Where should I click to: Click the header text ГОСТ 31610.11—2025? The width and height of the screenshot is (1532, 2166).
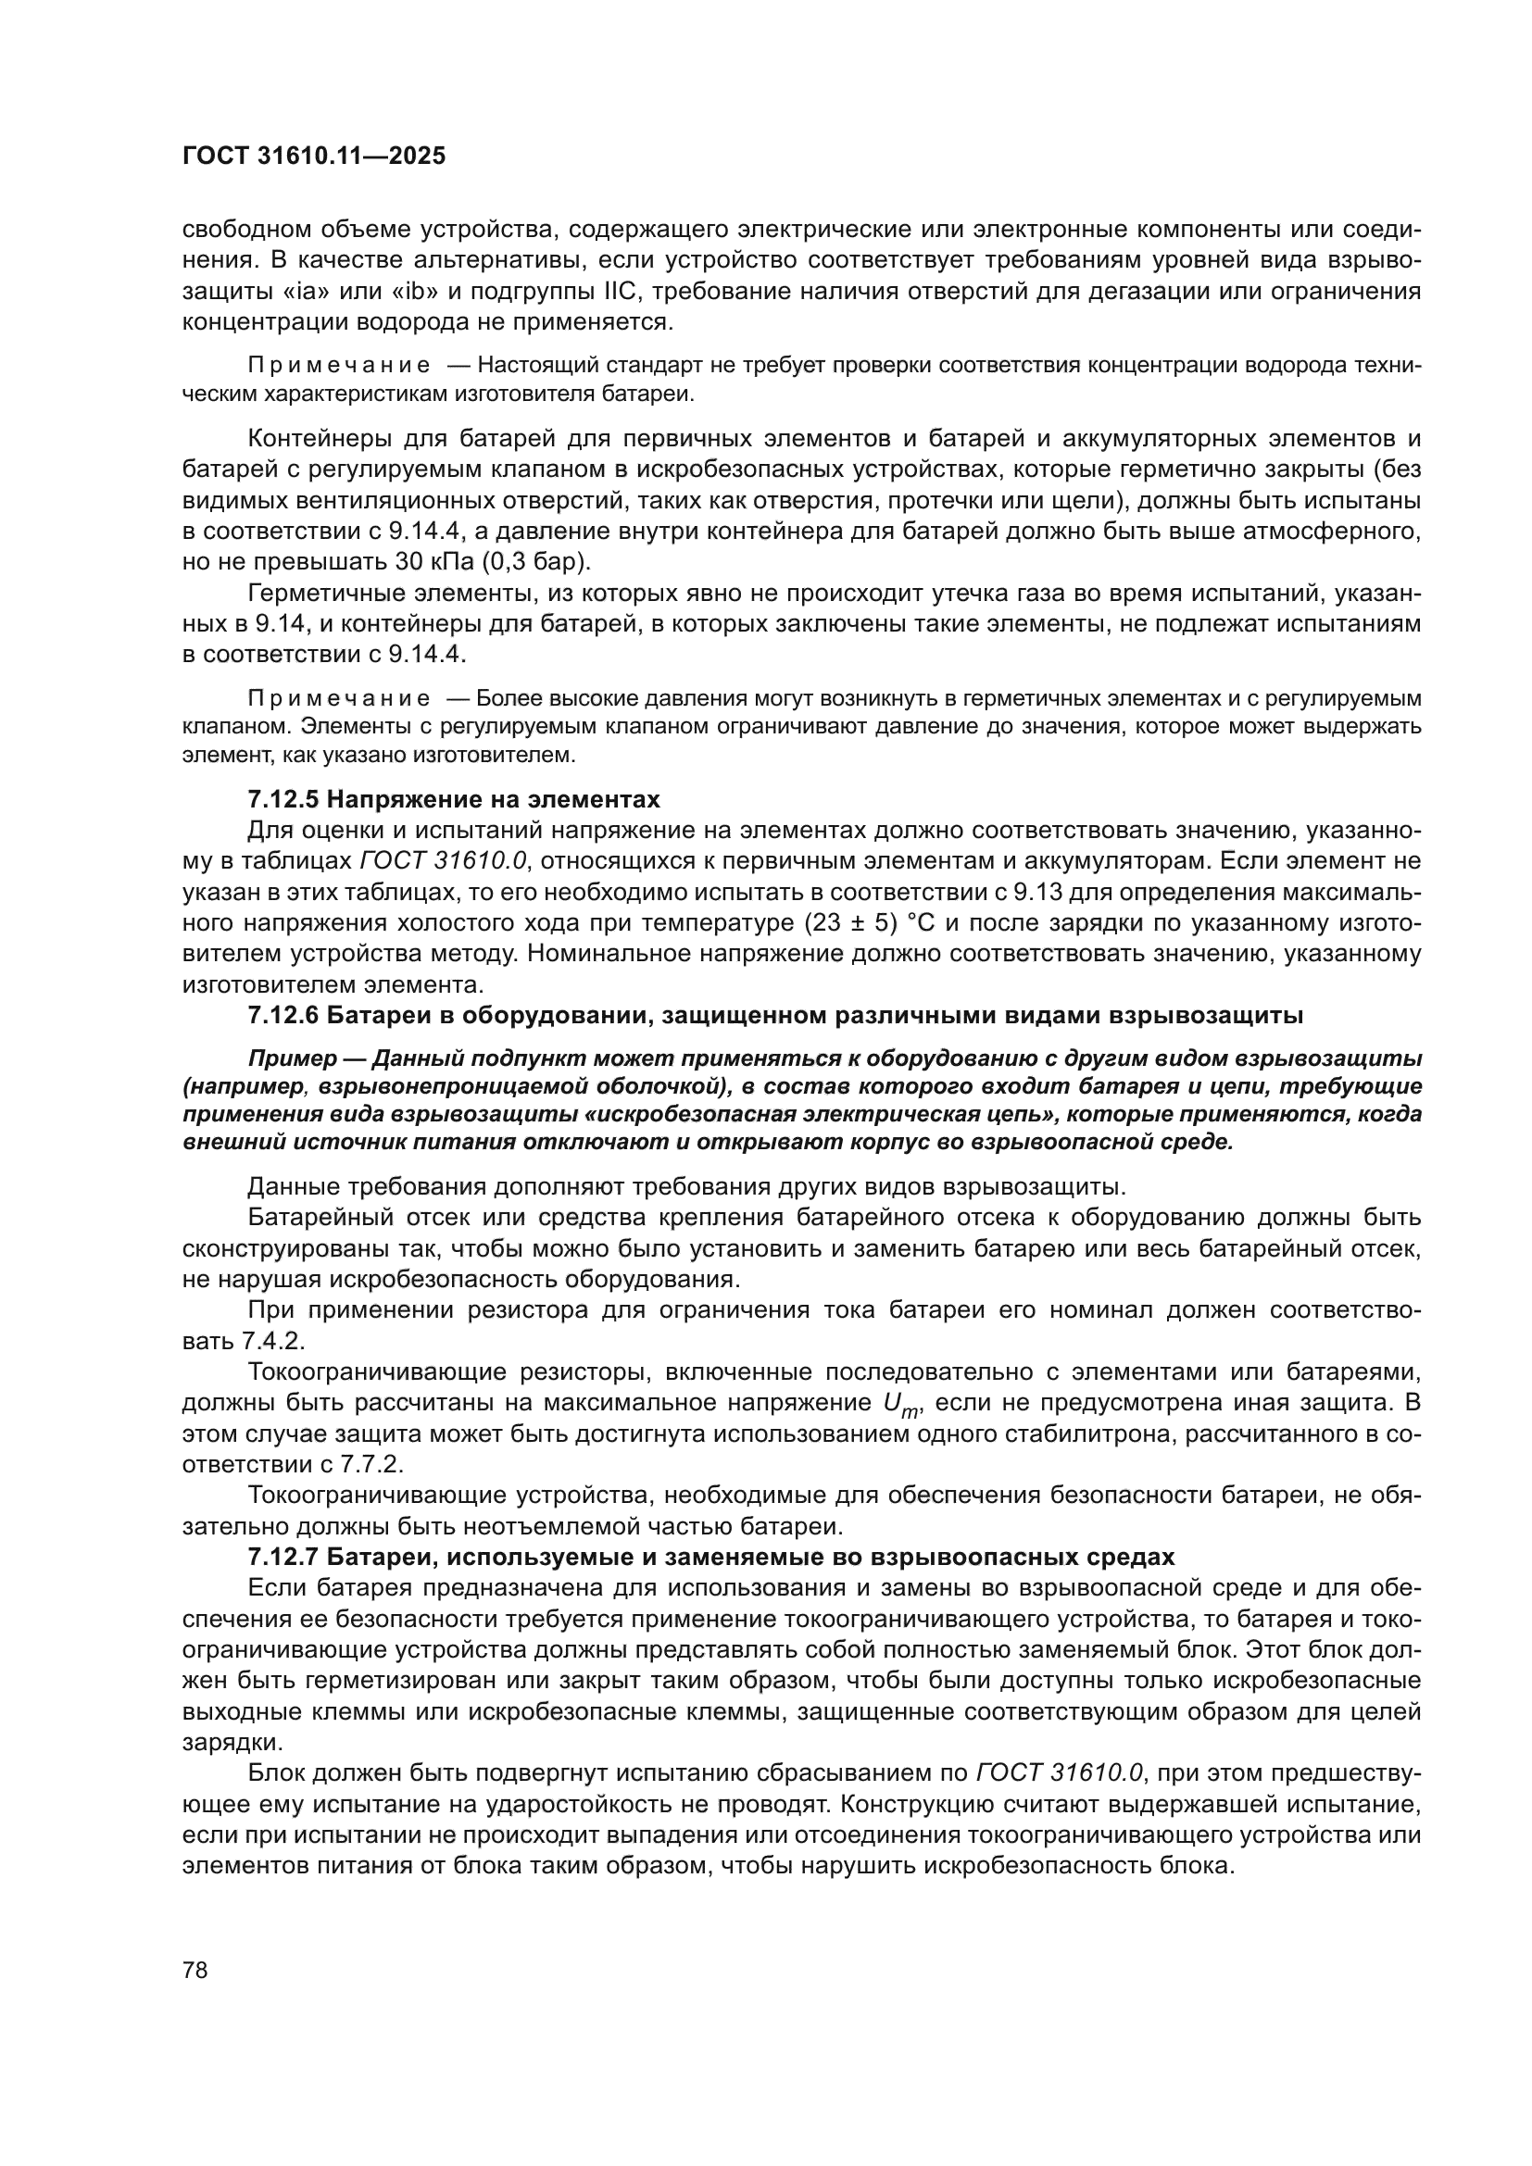313,157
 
